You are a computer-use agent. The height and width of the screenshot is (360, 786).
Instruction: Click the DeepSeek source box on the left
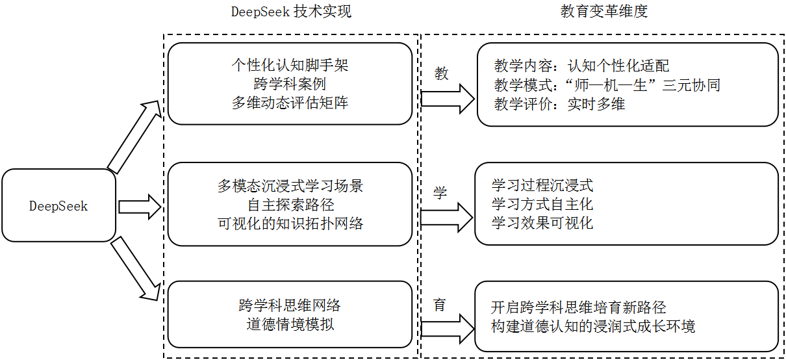click(58, 206)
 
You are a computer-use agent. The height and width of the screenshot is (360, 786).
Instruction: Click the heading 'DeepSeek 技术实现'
click(291, 12)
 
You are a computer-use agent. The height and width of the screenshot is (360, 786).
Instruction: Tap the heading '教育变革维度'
click(603, 12)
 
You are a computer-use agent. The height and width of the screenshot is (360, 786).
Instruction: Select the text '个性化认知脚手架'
click(290, 65)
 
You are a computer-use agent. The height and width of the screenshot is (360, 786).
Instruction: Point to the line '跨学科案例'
click(290, 84)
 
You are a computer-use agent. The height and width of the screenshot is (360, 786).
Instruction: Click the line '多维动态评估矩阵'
click(290, 103)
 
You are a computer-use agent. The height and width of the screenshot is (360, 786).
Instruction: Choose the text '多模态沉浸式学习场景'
click(290, 186)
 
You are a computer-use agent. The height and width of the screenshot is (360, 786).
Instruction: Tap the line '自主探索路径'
click(290, 205)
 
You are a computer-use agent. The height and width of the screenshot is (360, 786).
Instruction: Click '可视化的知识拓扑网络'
click(290, 224)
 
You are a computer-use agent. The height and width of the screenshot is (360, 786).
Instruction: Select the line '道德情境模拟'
click(290, 324)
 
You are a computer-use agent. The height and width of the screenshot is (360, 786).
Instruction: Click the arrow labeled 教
click(448, 97)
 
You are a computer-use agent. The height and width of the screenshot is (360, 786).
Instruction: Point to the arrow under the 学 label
click(448, 217)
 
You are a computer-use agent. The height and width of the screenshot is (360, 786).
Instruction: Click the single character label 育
click(440, 304)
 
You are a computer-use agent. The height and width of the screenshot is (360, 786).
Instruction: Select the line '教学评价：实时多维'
click(559, 104)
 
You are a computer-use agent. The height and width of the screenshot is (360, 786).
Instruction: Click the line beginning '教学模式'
click(607, 85)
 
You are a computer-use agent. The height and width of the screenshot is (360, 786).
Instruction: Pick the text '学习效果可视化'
click(542, 223)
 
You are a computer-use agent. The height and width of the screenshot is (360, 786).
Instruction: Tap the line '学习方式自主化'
click(542, 204)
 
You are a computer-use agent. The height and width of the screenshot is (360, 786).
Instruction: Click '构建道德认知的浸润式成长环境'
click(593, 326)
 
